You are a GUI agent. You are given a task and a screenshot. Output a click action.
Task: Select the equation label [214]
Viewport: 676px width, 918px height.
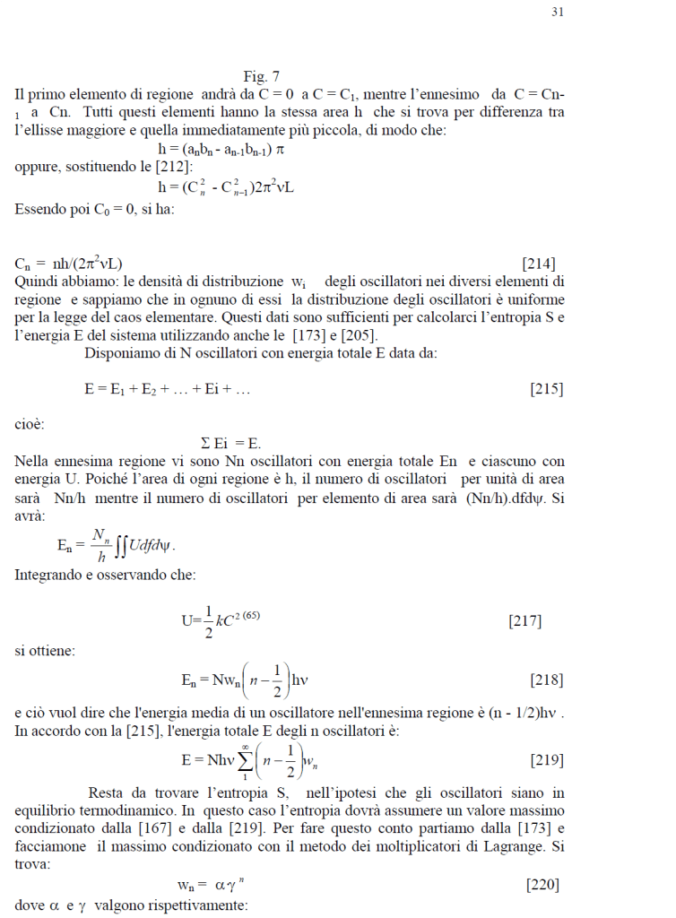coord(538,264)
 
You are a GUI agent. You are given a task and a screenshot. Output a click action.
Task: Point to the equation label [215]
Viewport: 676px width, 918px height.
coord(545,389)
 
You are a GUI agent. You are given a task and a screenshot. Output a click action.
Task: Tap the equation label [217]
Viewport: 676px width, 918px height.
coord(524,620)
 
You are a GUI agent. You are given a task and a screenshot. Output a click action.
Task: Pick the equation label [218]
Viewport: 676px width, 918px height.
coord(546,680)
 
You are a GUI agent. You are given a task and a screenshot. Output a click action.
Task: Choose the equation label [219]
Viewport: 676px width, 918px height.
coord(546,760)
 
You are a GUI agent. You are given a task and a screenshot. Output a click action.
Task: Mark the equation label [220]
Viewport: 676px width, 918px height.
coord(542,885)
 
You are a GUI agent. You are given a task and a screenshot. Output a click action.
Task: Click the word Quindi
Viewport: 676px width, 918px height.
coord(38,281)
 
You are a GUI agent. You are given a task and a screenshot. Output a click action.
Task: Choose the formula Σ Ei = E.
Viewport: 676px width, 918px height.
coord(230,444)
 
